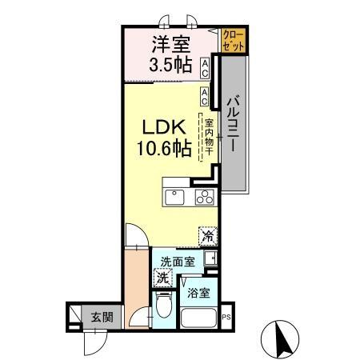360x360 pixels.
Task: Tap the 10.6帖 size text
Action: click(165, 149)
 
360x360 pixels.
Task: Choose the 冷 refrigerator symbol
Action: click(207, 236)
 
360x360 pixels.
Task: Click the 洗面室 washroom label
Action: click(176, 262)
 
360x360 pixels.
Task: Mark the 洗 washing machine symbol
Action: click(162, 279)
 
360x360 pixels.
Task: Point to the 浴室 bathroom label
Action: click(199, 293)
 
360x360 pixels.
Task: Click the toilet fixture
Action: click(163, 306)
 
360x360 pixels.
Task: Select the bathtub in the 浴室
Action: click(200, 318)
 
